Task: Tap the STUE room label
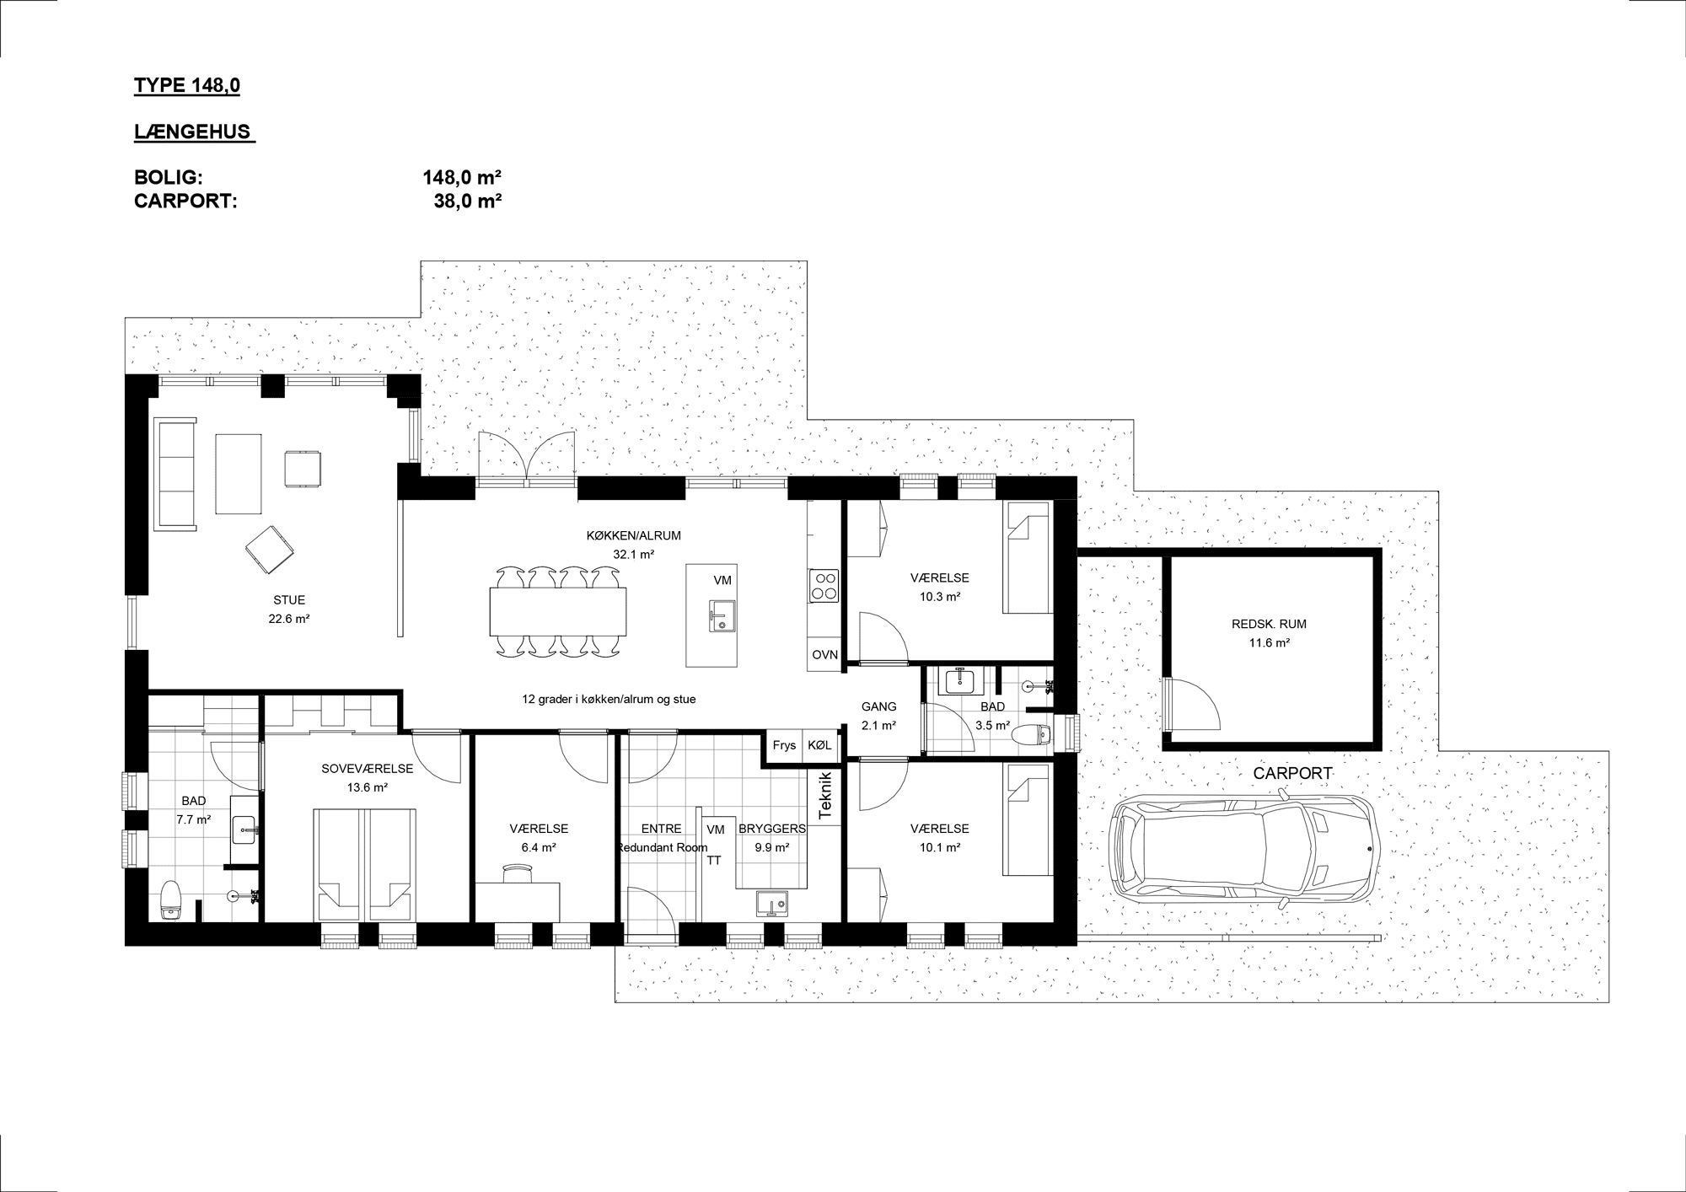(x=289, y=600)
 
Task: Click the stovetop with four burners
(x=824, y=585)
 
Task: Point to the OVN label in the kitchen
(x=825, y=655)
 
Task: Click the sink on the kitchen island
(x=722, y=615)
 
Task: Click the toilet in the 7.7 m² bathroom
(x=171, y=899)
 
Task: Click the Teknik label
(x=825, y=795)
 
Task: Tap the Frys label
(x=784, y=745)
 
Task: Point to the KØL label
(x=819, y=745)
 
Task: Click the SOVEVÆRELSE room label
(x=368, y=769)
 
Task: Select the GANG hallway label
(x=878, y=706)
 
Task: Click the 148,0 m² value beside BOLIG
(x=463, y=178)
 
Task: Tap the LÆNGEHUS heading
(x=193, y=132)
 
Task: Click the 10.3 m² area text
(x=940, y=596)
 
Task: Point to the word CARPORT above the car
(x=1292, y=773)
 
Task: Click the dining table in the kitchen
(x=558, y=611)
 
